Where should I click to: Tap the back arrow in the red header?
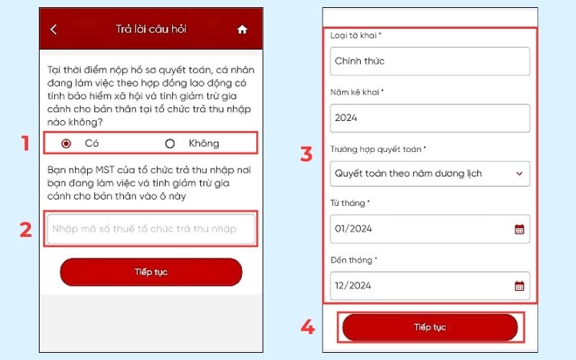pos(53,30)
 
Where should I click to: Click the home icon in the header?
pos(242,30)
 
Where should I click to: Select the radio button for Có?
pos(67,143)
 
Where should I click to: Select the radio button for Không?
pos(170,143)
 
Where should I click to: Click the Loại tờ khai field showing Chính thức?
pos(430,61)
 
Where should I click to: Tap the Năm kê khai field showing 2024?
pos(430,117)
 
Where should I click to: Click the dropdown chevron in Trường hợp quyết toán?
pos(519,174)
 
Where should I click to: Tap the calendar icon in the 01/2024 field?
pos(519,230)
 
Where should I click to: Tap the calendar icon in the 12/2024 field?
pos(519,286)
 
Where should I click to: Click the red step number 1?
pos(26,143)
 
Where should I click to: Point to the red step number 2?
pos(26,230)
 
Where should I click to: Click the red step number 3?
pos(306,153)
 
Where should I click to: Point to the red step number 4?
pos(307,328)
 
